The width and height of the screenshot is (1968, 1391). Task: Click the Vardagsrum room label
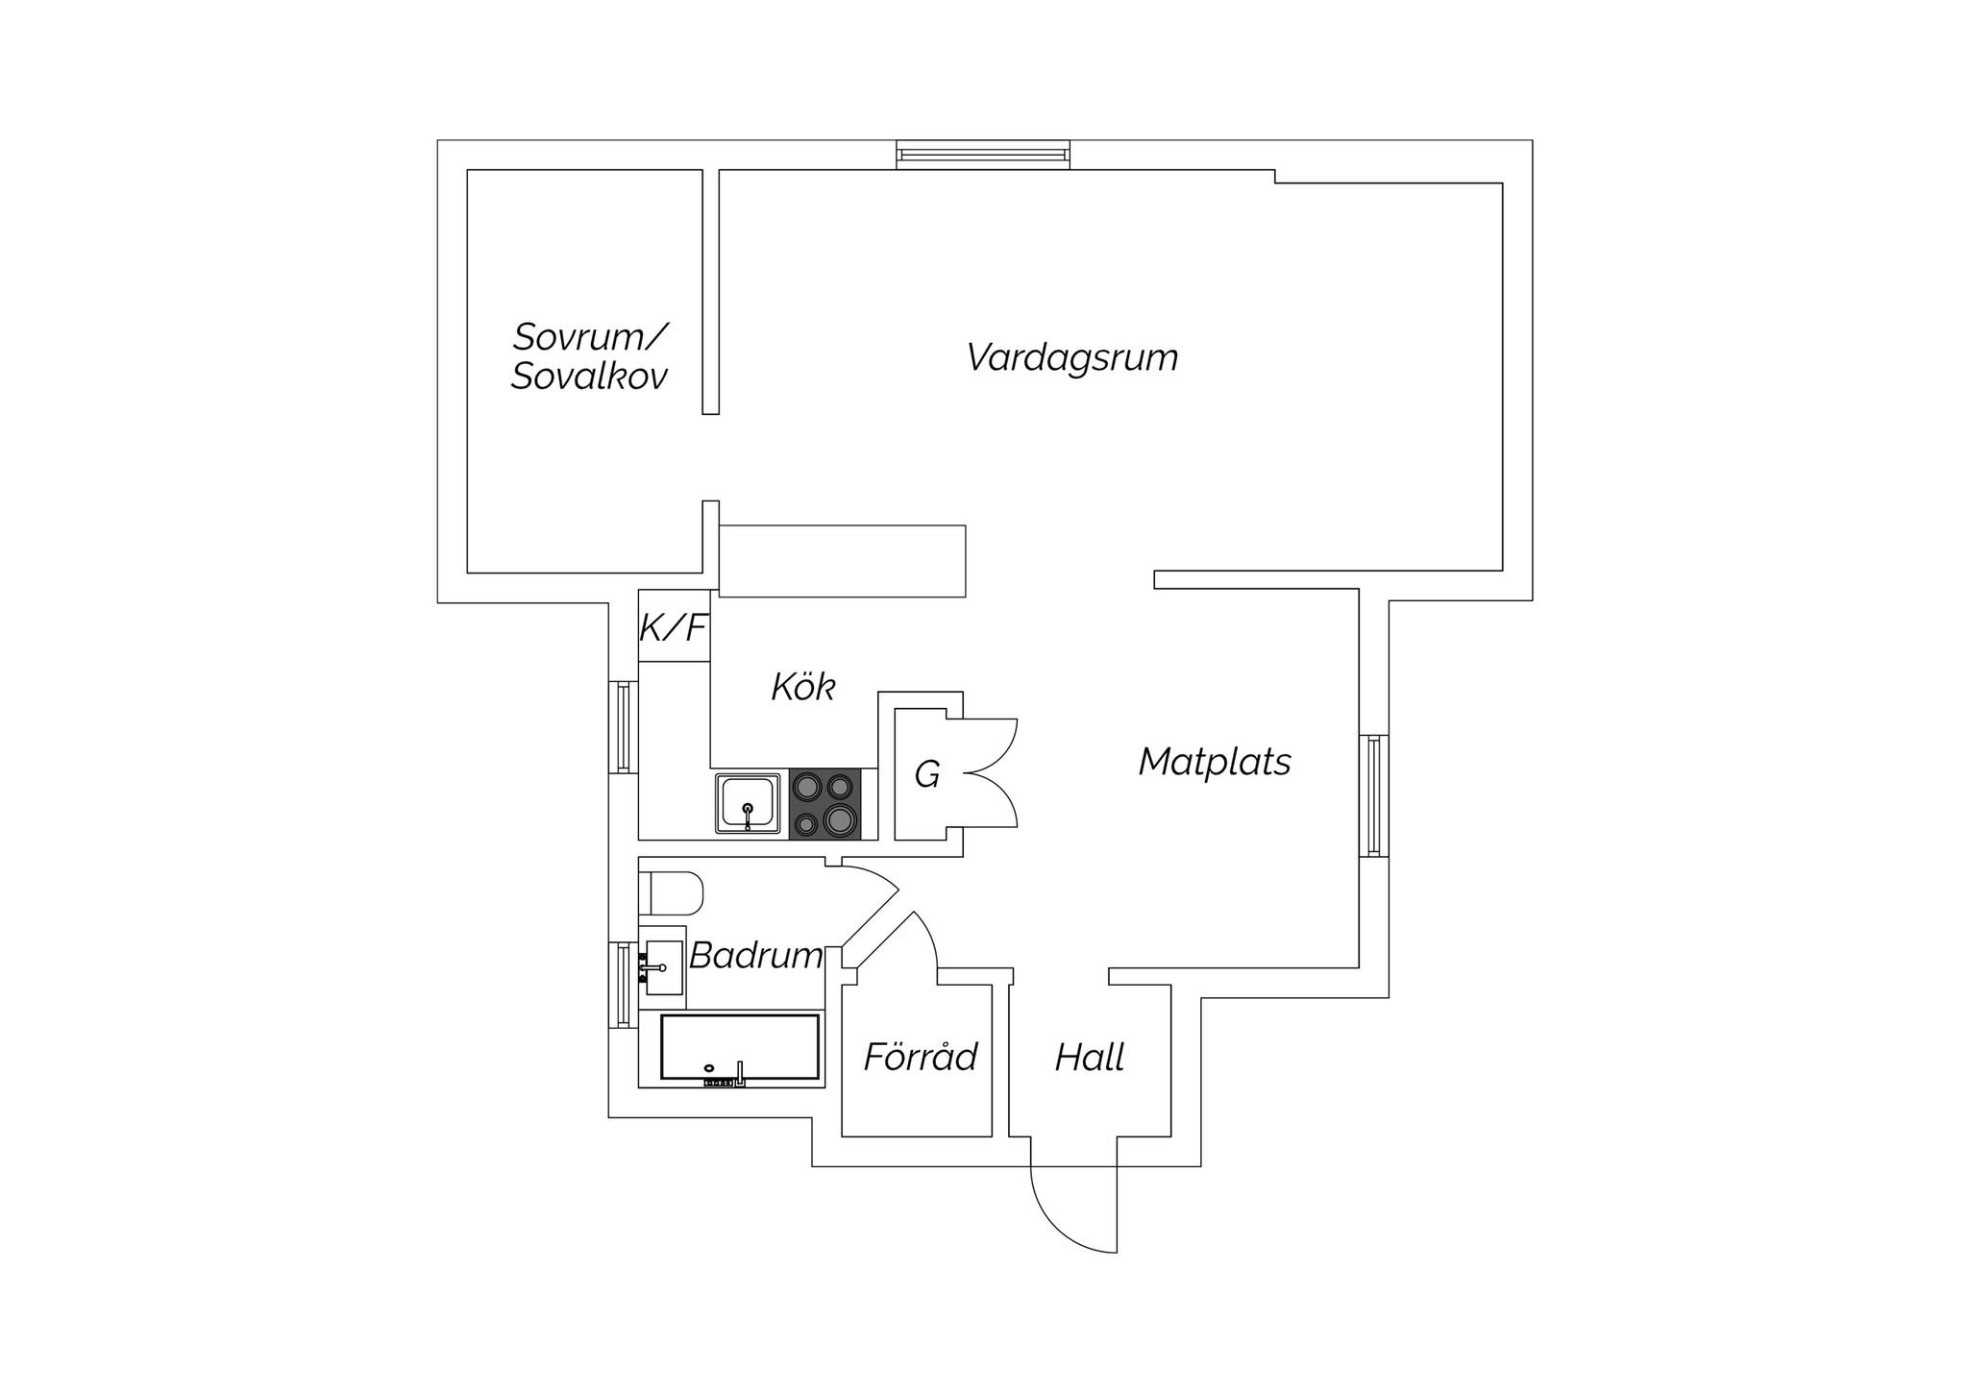pos(1071,357)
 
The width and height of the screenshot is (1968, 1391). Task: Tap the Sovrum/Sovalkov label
pos(589,356)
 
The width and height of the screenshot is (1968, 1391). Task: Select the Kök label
pos(803,687)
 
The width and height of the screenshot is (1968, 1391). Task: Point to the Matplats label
pos(1215,762)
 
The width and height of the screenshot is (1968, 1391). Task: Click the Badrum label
pos(756,956)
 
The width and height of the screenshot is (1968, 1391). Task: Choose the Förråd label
pos(920,1057)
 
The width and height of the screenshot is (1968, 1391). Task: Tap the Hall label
pos(1090,1058)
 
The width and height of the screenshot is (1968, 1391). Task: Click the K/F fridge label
pos(674,628)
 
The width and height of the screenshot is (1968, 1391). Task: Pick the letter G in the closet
pos(926,774)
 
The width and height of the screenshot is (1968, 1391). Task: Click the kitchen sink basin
pos(748,803)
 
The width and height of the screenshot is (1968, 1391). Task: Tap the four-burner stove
pos(825,804)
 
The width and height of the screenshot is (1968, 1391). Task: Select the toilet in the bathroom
pos(671,892)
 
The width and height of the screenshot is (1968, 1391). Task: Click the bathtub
pos(740,1049)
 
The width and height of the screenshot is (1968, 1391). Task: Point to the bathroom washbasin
pos(662,967)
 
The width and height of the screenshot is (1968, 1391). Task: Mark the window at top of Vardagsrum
pos(983,155)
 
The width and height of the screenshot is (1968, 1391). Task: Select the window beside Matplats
pos(1374,795)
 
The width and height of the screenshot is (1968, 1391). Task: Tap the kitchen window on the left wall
pos(624,727)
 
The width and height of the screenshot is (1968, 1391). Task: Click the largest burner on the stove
pos(840,819)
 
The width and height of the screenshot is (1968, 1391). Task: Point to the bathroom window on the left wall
pos(624,986)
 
